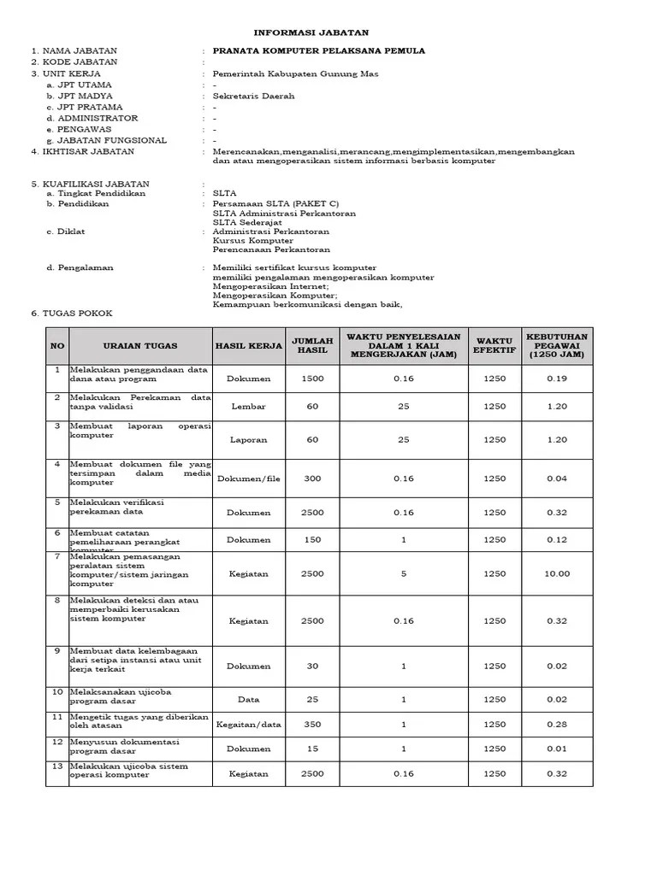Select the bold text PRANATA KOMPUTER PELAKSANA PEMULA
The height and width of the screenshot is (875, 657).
point(318,51)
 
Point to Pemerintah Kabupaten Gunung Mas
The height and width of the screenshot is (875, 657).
point(283,73)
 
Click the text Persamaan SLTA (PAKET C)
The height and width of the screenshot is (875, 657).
point(275,203)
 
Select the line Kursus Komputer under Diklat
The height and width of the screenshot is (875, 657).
point(252,241)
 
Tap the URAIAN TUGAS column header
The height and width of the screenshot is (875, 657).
point(140,346)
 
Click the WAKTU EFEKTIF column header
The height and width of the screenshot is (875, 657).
point(494,346)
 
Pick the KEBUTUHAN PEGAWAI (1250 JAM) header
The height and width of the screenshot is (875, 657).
point(556,346)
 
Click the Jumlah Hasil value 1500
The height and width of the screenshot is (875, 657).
point(312,378)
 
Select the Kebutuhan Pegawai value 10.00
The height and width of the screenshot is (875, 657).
point(556,574)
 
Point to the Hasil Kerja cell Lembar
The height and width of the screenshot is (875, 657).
point(248,407)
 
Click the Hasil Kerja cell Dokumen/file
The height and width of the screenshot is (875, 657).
point(248,479)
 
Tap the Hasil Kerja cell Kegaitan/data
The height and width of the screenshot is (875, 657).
point(248,725)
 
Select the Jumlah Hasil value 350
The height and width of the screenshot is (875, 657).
point(312,725)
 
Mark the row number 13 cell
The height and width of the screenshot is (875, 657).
point(57,766)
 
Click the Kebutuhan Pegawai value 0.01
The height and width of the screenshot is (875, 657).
point(556,749)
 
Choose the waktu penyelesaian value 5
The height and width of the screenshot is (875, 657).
point(404,574)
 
